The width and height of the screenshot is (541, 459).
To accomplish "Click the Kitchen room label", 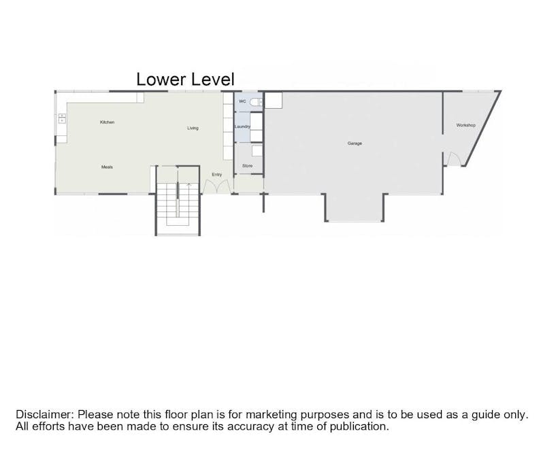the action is point(107,122).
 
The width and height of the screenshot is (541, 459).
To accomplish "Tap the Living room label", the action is point(193,128).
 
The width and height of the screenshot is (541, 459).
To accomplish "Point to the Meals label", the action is point(107,167).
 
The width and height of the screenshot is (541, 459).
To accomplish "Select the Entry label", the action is point(216,175).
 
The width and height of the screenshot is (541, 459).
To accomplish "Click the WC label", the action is point(242,101).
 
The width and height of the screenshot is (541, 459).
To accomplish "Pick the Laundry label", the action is point(242,126).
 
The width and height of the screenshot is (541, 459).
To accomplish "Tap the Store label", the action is point(248,166).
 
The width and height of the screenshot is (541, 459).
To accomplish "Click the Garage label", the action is point(355,143).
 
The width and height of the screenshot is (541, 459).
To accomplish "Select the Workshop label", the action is point(465,125).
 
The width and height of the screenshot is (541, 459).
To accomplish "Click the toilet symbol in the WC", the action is point(256,102).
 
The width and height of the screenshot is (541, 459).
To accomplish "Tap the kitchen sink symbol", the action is point(62,118).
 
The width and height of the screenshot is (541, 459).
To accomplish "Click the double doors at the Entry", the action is point(216,187).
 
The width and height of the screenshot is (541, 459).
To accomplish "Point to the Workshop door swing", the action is point(454,159).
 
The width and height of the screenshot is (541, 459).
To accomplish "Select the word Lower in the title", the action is point(161,80).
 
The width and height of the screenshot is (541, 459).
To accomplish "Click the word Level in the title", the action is point(213,80).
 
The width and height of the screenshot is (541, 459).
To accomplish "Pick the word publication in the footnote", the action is point(359,426).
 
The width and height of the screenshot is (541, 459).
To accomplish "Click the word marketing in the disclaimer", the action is point(272,415).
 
